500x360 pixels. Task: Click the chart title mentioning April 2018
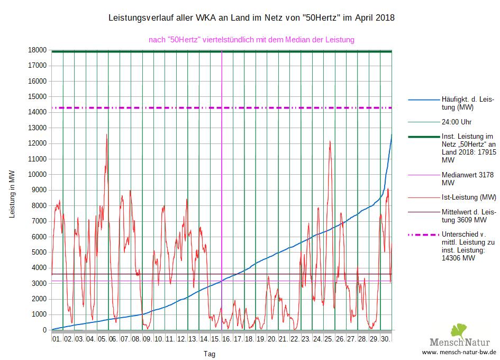point(251,18)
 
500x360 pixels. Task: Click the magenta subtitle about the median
point(251,39)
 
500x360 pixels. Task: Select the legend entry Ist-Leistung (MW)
point(468,197)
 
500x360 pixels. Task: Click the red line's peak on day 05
point(107,135)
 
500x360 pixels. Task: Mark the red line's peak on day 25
point(330,142)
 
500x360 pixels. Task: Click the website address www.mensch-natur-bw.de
point(459,352)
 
